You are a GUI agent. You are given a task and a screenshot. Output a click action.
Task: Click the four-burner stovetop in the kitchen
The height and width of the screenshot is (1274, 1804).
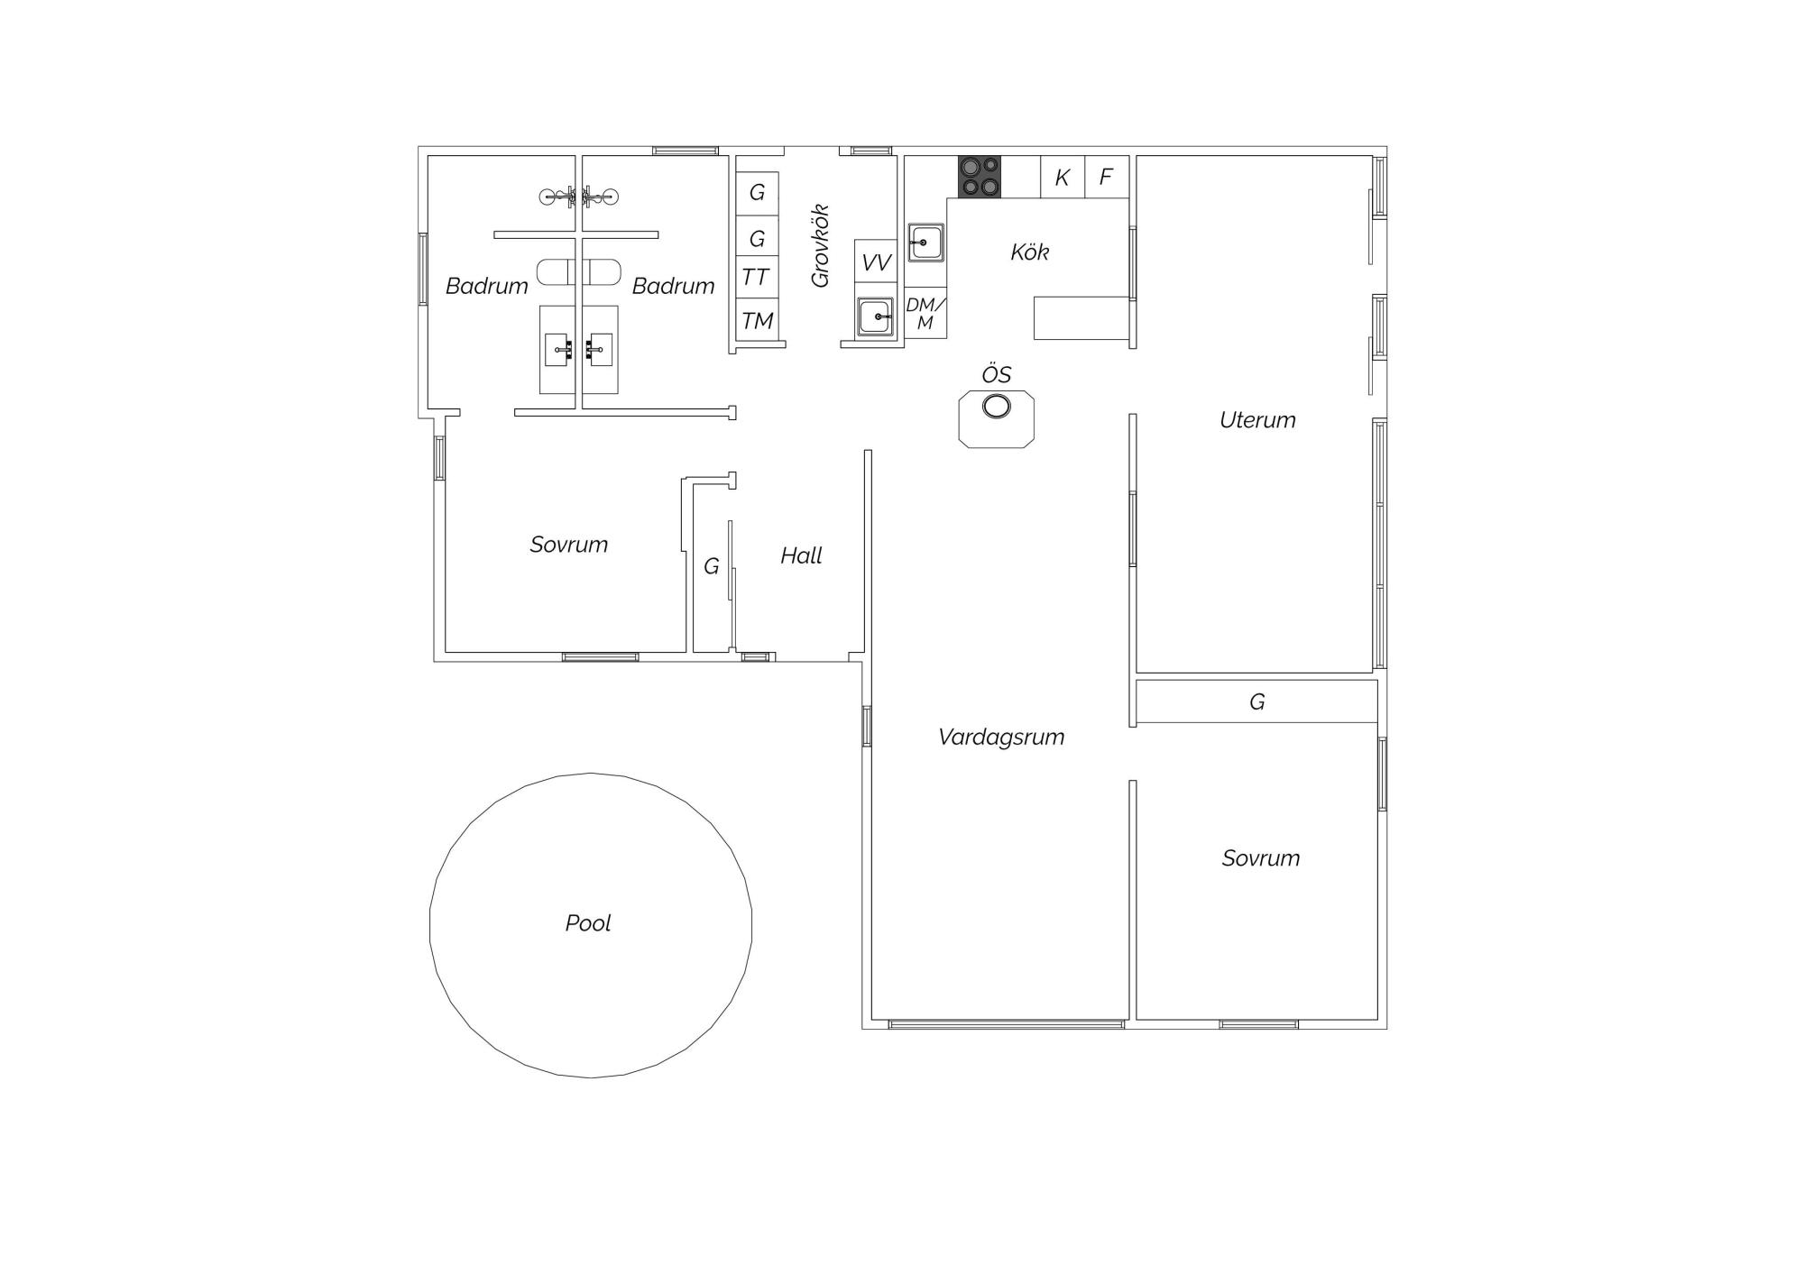980,177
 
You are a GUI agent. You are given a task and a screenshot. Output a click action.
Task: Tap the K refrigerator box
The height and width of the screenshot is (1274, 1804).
1063,177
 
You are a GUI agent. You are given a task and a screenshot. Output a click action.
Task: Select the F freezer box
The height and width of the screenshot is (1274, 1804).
1107,177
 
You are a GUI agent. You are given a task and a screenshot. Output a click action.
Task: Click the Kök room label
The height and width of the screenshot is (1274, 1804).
1029,252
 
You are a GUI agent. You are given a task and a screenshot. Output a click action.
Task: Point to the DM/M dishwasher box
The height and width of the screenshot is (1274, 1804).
925,313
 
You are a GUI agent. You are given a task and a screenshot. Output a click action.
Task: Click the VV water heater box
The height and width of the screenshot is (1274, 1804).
876,261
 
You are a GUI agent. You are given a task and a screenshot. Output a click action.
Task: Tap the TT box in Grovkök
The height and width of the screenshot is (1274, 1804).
757,277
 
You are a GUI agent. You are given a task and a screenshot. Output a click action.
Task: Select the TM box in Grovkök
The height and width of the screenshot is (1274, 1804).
757,319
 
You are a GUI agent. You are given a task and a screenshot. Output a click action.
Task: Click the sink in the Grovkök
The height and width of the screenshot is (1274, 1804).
875,316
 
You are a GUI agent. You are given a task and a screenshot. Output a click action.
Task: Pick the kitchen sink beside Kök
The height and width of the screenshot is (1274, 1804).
925,243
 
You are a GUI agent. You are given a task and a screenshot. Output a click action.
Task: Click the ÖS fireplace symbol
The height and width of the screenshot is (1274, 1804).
996,418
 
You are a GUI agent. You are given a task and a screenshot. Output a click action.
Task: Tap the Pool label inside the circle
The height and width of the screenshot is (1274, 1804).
588,923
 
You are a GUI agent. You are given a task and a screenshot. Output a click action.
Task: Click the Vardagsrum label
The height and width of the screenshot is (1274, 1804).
1001,737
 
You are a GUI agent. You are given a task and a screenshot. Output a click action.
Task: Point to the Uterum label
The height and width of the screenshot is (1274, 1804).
1257,420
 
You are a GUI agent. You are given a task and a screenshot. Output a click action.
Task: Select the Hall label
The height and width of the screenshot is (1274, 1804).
801,555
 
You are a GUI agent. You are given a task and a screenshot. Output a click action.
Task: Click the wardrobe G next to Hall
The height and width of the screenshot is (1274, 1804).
711,566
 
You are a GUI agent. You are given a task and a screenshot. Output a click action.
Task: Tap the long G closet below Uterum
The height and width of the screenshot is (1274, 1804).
1256,701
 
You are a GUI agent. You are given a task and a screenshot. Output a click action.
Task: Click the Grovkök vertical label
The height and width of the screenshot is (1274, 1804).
820,246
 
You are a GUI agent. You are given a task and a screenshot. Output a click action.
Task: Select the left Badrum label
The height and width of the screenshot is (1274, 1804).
487,286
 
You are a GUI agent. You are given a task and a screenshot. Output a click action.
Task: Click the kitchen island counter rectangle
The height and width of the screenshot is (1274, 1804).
1081,318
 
